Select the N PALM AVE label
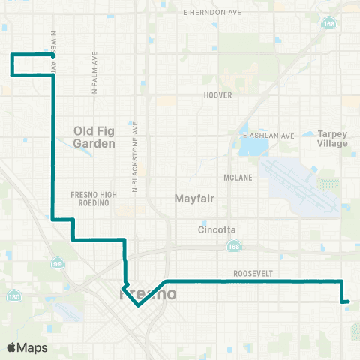[x=95, y=72]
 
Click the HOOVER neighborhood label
[x=218, y=95]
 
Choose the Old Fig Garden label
[x=94, y=136]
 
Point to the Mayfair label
[x=195, y=199]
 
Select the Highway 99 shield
[x=58, y=263]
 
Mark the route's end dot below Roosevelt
[x=347, y=301]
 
